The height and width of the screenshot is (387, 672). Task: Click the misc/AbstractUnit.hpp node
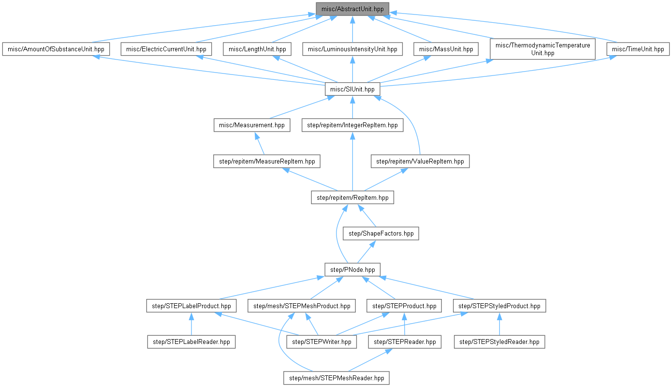coord(352,8)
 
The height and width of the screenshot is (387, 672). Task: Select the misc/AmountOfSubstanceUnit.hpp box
coord(56,49)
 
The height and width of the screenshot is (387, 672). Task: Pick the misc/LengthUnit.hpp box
coord(257,49)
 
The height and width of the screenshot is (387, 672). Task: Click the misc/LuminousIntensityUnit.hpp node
coord(352,49)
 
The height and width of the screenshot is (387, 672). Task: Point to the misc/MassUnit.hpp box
coord(446,49)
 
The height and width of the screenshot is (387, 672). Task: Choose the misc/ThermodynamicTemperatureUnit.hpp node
coord(543,49)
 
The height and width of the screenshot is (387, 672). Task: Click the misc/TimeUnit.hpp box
coord(638,49)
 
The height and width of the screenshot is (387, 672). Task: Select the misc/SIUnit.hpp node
coord(352,89)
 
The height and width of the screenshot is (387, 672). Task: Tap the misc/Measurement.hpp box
coord(252,125)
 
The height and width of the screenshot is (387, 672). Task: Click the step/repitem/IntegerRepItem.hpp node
coord(352,125)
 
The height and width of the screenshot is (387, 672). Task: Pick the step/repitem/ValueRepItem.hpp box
coord(420,161)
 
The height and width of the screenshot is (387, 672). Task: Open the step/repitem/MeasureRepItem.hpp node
coord(267,161)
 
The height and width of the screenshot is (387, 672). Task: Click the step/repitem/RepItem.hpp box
coord(352,197)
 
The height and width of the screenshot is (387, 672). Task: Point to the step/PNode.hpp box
coord(352,269)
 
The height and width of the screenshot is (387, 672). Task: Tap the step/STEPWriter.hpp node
coord(322,342)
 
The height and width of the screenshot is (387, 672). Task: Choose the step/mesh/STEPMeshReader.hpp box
coord(336,378)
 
